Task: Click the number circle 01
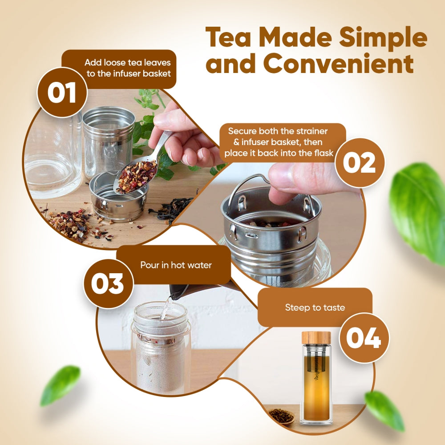62,93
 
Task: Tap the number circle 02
360,162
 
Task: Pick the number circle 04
364,338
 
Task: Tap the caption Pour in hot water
176,265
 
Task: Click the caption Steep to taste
315,307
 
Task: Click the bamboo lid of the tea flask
316,337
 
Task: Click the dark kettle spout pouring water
180,291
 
